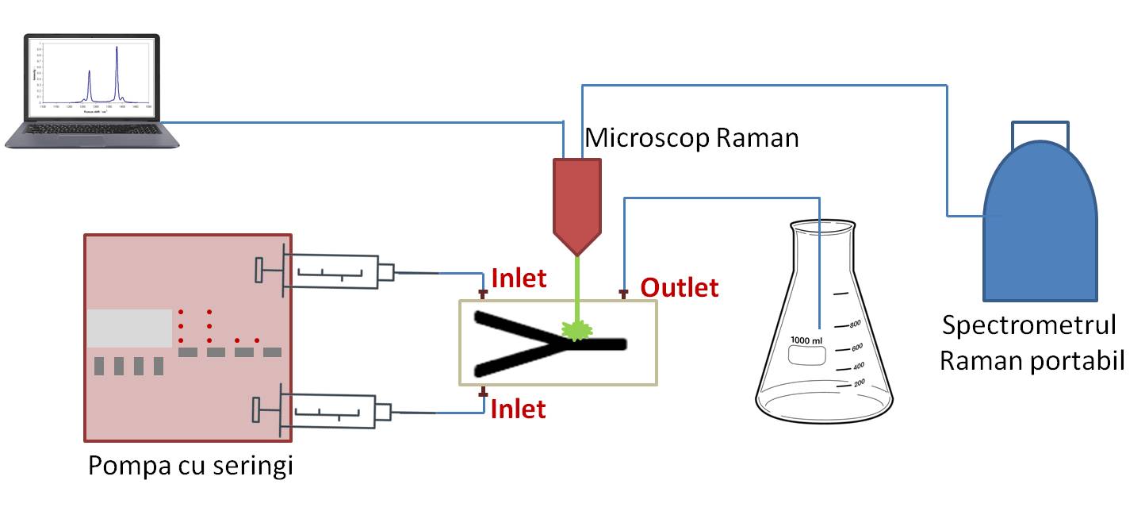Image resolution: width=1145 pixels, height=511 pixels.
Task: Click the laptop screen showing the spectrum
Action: [91, 75]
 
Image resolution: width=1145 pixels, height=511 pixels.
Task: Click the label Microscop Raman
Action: [691, 138]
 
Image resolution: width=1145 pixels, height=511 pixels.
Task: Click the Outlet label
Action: [680, 288]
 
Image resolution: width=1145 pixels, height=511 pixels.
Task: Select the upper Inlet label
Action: [519, 279]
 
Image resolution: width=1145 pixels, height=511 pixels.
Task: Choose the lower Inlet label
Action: [519, 409]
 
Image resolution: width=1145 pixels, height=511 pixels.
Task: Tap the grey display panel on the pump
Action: [129, 328]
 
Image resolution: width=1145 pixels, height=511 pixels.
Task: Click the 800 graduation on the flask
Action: [855, 325]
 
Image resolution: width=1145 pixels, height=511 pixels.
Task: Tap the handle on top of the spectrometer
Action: [1040, 131]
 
